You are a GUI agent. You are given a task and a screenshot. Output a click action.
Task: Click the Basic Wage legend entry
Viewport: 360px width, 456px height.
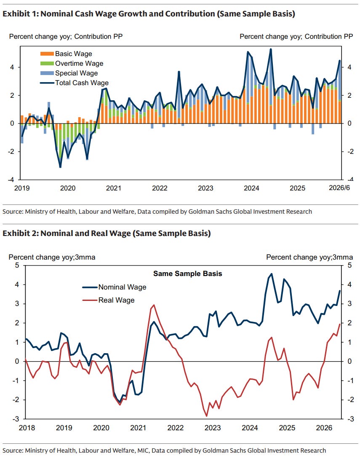point(66,54)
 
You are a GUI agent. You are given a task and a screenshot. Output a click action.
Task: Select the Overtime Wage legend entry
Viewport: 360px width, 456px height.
point(72,63)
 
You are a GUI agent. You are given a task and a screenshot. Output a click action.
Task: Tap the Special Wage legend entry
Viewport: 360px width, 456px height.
point(69,73)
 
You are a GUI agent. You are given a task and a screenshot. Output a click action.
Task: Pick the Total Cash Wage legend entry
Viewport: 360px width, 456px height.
point(75,83)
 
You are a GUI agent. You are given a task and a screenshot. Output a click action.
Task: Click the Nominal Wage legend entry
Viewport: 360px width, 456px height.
point(114,287)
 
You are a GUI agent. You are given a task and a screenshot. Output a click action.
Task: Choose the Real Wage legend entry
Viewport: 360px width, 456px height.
point(108,300)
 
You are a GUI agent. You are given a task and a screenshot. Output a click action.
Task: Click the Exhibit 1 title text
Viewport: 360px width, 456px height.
point(149,13)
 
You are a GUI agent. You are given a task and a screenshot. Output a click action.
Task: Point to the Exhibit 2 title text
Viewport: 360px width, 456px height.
point(107,233)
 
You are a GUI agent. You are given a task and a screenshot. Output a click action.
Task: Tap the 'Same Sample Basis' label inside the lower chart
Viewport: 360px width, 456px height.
point(188,274)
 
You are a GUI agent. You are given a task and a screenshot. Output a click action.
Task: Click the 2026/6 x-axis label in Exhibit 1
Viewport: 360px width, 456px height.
point(339,188)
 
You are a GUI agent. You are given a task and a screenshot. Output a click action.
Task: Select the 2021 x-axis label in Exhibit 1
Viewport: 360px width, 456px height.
point(114,188)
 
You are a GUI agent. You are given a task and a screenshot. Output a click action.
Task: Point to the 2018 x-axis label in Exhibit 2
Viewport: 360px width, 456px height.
point(27,428)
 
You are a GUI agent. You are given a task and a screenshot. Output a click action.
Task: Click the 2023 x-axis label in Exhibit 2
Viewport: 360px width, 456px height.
point(213,428)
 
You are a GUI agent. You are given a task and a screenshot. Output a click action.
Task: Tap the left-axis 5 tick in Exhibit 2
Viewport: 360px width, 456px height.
point(17,265)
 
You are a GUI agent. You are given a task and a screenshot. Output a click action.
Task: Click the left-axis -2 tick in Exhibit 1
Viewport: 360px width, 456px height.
point(11,152)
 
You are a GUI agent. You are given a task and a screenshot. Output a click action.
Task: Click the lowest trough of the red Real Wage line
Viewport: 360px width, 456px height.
point(207,416)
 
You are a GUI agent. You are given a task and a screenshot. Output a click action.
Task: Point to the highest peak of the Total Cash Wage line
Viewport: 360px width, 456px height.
point(271,49)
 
